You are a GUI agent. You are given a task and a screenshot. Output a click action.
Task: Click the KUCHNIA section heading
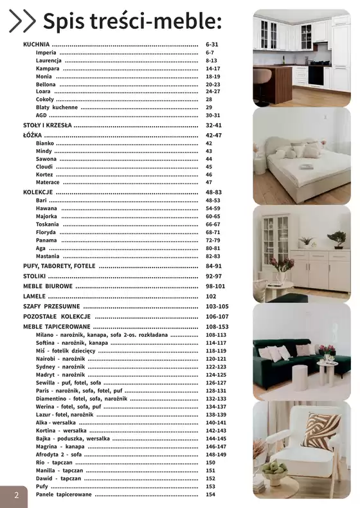[36, 44]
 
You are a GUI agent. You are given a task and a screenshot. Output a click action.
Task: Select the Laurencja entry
[49, 60]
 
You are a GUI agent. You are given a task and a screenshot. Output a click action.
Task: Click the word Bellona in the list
[46, 84]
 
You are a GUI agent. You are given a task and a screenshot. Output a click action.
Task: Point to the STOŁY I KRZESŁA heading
[48, 125]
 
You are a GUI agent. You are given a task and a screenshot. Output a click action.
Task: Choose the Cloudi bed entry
[45, 167]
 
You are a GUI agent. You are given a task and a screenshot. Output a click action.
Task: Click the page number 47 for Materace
[209, 182]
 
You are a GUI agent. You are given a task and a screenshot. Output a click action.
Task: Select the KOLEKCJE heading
[38, 192]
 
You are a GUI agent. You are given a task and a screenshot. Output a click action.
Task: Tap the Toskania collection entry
[47, 224]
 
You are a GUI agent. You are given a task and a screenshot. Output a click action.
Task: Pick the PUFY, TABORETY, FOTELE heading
[59, 266]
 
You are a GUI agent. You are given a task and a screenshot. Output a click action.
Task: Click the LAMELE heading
[34, 296]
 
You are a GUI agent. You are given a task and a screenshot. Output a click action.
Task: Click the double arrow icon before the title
[23, 21]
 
